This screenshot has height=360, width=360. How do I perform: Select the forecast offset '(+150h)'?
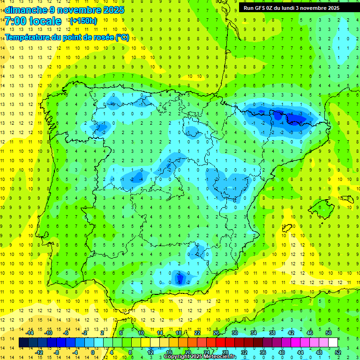(83, 21)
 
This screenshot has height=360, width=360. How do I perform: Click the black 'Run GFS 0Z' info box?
(296, 7)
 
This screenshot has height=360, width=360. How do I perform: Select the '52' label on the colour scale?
(338, 352)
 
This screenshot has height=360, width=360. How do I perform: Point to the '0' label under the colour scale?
(93, 352)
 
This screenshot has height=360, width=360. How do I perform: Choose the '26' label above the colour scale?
(216, 333)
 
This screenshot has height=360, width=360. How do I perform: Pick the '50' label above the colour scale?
(329, 333)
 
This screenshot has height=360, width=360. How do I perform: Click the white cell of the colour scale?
(333, 342)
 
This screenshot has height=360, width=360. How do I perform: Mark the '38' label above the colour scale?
(272, 333)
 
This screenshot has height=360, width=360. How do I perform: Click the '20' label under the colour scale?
(187, 352)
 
